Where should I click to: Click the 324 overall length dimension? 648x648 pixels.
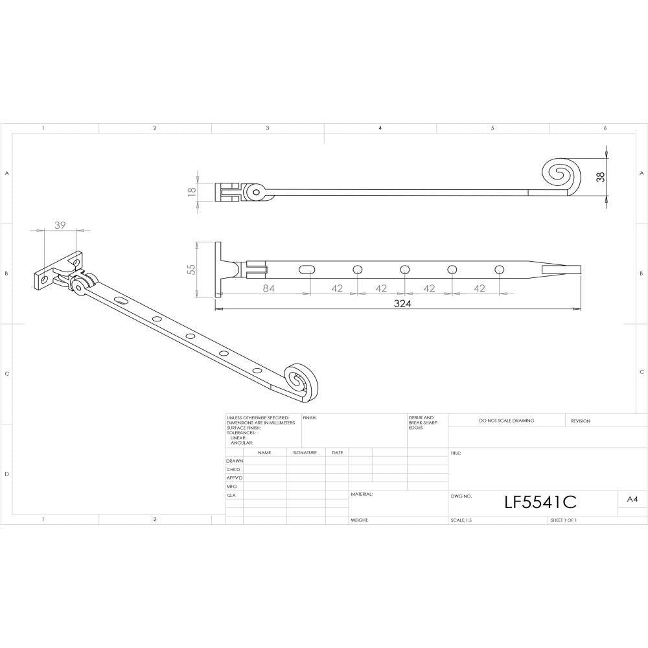[403, 303]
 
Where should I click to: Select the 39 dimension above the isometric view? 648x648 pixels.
[60, 225]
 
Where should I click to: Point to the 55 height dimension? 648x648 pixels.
[192, 269]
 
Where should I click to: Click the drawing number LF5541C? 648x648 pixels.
[540, 502]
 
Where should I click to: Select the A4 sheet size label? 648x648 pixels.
[632, 500]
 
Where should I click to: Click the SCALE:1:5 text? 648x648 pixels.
[461, 520]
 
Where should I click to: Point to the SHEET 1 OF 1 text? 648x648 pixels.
[563, 520]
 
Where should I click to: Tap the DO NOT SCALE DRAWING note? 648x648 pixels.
[507, 421]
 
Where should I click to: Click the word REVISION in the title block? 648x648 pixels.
[581, 421]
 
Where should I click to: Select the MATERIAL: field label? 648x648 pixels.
[362, 494]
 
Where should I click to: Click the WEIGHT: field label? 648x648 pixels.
[360, 520]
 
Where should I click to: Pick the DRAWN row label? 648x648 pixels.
[234, 461]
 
